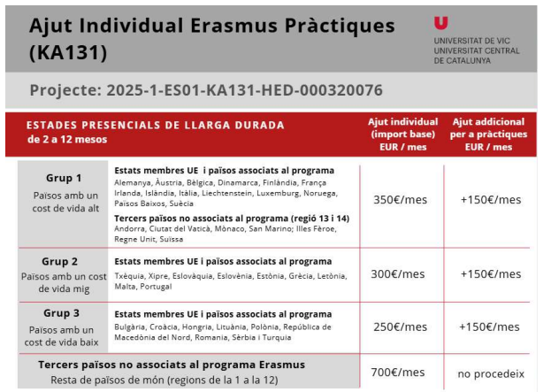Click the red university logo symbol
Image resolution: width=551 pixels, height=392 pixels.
(x=441, y=24)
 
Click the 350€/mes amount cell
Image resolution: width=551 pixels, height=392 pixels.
(x=400, y=199)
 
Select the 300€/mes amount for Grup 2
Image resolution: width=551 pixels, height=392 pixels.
(x=400, y=273)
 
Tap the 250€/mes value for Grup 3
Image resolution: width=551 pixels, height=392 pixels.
(x=400, y=327)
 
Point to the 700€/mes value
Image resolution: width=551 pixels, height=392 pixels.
(x=400, y=372)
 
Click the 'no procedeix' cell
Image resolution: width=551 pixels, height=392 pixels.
(x=490, y=373)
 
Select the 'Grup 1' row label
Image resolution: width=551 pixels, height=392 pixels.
(x=64, y=178)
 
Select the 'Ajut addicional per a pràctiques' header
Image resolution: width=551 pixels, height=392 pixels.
(x=489, y=134)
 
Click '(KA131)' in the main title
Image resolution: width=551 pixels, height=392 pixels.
(x=68, y=52)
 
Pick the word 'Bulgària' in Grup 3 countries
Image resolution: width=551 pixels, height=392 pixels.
(x=131, y=327)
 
